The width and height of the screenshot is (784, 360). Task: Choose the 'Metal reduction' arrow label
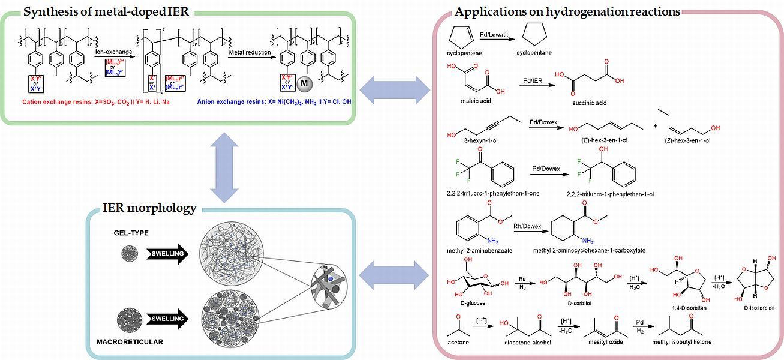point(249,53)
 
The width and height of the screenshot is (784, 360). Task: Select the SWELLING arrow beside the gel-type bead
point(167,254)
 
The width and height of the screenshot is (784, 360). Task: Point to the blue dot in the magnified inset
point(329,279)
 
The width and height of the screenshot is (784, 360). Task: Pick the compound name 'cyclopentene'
point(465,53)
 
